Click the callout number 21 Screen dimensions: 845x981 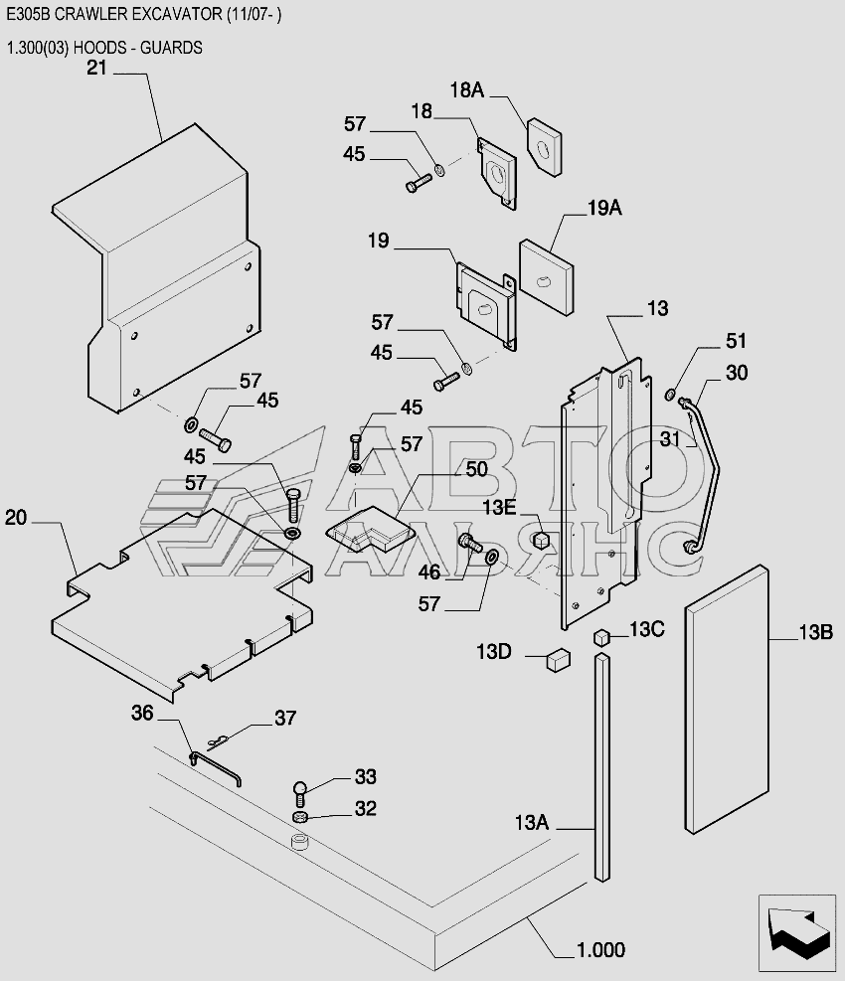97,68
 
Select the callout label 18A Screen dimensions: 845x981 467,90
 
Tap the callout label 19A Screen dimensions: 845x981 604,208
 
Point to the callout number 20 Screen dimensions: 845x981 16,518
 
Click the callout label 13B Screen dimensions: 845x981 815,632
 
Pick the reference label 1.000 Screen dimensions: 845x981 600,950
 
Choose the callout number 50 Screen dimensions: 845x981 476,468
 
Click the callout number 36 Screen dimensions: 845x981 142,713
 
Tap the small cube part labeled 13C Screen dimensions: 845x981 601,637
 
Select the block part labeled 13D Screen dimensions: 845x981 558,659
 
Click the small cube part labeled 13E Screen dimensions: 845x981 541,540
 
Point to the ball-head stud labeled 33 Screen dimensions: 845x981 300,793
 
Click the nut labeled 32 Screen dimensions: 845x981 300,816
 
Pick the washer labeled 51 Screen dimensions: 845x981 670,395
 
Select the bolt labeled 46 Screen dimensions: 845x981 469,542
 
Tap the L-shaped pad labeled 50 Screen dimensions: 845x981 369,531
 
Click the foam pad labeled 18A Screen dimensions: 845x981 544,147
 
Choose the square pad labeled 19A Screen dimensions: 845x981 547,277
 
